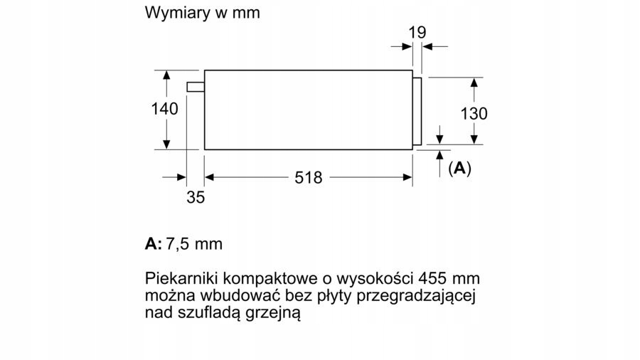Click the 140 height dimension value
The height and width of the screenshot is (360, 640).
pos(165,110)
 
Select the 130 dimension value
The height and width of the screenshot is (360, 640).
pos(474,113)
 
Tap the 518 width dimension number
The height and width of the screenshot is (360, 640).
pos(309,178)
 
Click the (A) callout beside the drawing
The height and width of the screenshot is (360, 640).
pos(460,169)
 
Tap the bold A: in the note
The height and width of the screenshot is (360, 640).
pos(153,244)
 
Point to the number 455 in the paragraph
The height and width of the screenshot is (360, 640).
pos(435,277)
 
